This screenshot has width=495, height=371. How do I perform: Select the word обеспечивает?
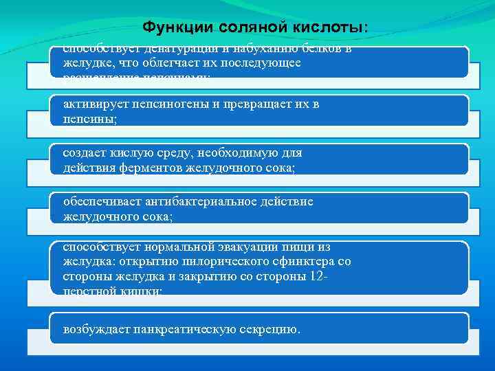click(100, 202)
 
